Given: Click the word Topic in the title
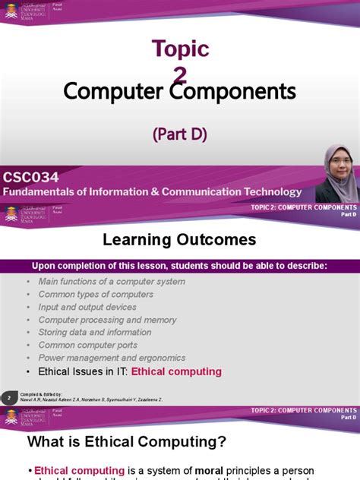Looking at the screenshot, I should (179, 49).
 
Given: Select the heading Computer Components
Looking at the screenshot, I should (179, 92).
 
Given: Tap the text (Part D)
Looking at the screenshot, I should (179, 134).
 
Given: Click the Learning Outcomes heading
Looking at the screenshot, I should (179, 240).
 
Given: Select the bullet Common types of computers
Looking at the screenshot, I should (96, 295).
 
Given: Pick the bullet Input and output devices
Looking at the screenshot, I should (87, 308).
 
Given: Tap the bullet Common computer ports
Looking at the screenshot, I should (88, 346).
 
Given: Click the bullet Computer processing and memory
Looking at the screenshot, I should (107, 320).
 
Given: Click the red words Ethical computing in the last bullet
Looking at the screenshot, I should (176, 372).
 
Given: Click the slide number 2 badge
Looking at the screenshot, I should (8, 397).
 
